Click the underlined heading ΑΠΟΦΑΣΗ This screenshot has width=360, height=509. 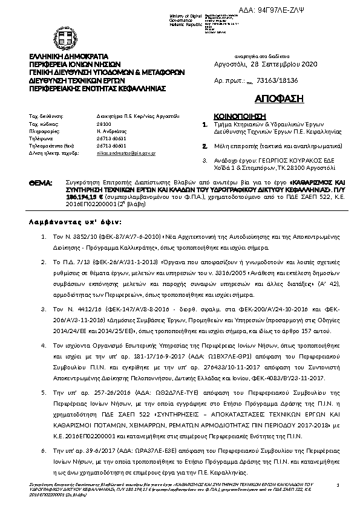269,99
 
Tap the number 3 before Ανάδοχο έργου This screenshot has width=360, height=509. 205,160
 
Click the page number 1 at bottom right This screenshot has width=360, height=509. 337,485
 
